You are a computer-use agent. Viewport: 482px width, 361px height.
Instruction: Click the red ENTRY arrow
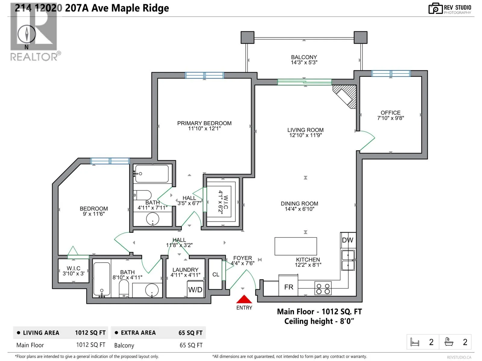click(x=244, y=299)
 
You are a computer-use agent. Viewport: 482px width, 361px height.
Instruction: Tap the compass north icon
click(x=27, y=34)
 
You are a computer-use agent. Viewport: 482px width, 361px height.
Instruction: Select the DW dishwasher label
click(x=347, y=240)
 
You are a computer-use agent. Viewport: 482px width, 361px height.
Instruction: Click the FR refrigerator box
click(x=288, y=285)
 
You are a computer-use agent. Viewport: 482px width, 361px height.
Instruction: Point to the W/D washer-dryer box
click(x=195, y=289)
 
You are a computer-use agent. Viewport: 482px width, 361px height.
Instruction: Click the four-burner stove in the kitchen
click(x=323, y=288)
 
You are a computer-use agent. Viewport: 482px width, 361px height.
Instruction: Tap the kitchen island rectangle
click(x=296, y=246)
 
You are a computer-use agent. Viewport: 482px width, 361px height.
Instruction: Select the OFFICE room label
click(x=390, y=113)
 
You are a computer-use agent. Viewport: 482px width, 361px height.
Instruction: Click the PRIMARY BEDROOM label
click(x=204, y=123)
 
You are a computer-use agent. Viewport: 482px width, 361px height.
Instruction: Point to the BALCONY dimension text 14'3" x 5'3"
click(x=304, y=63)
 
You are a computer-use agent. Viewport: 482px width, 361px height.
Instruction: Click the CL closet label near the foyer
click(x=216, y=274)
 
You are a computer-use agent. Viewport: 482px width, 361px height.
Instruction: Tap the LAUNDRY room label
click(x=185, y=270)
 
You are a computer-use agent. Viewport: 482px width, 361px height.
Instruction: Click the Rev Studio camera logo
click(x=435, y=8)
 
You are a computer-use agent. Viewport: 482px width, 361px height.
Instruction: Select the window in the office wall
click(x=391, y=73)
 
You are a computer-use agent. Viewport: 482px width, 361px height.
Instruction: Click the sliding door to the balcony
click(x=304, y=82)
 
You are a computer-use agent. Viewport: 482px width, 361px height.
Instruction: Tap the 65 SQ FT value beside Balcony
click(x=191, y=345)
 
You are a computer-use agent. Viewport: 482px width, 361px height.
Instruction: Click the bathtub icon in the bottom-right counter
click(x=449, y=342)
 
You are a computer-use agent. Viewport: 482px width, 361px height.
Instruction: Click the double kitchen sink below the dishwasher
click(x=348, y=261)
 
